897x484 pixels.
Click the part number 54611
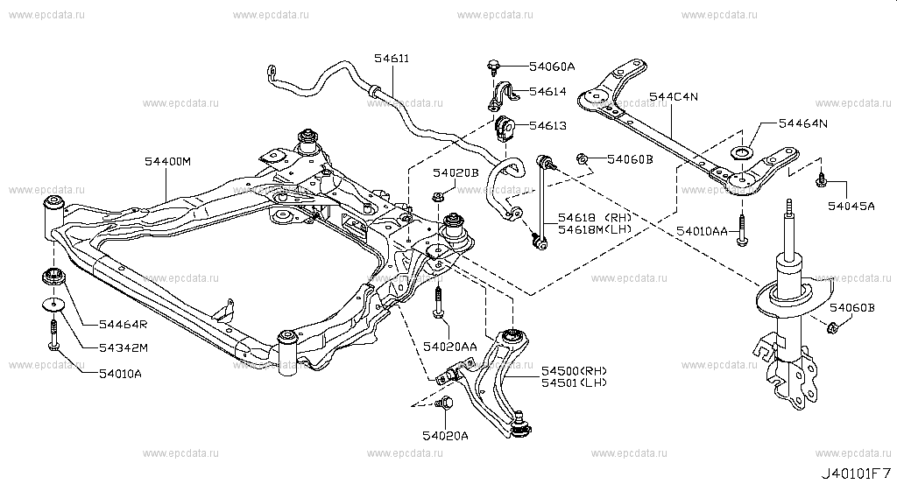coord(392,59)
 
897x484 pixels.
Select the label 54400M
coord(167,162)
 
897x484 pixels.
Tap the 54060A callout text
coord(552,67)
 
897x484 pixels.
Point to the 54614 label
coord(547,91)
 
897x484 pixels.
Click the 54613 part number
coord(547,126)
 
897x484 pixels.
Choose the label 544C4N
coord(674,96)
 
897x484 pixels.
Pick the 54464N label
coord(802,123)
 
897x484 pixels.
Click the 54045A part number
coord(851,206)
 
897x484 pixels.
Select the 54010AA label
coord(702,231)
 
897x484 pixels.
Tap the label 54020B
coord(455,172)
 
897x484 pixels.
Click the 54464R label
coord(123,325)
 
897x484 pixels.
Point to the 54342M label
coord(124,348)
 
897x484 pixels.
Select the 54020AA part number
coord(449,347)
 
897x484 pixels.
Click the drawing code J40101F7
coord(856,473)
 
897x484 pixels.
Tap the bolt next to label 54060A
coord(493,67)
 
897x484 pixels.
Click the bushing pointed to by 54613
coord(505,130)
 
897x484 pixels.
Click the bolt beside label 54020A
coord(444,403)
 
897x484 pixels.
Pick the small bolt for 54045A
coord(820,180)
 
